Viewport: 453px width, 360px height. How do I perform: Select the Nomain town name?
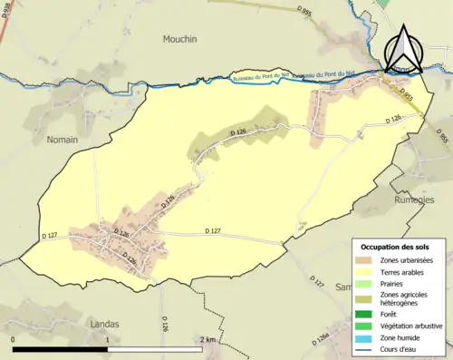click(x=62, y=141)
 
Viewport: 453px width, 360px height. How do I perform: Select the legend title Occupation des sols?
click(x=395, y=246)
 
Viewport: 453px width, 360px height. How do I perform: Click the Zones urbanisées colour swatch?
click(x=366, y=260)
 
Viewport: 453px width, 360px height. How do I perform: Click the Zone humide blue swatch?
click(x=366, y=337)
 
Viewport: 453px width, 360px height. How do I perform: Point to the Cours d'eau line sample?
click(x=366, y=349)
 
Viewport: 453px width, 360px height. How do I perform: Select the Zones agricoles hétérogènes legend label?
click(x=404, y=298)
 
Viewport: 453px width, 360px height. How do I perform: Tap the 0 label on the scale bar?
click(x=13, y=340)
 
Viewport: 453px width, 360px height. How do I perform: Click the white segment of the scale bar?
click(x=154, y=349)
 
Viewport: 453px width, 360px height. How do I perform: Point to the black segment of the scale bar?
click(x=60, y=349)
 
